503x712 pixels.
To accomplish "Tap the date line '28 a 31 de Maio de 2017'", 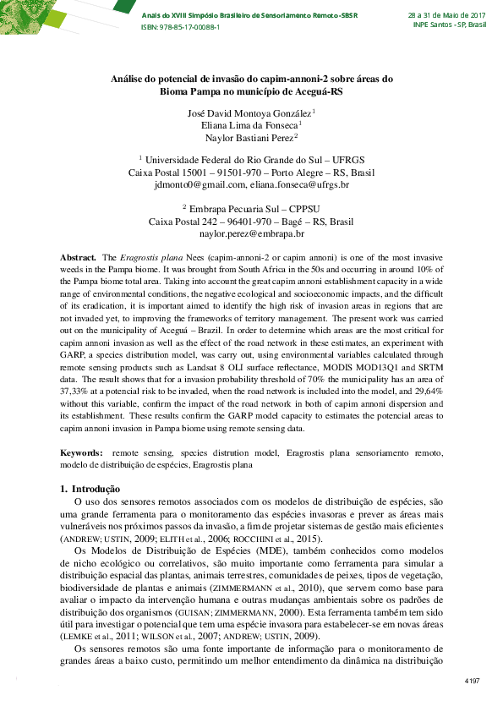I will (x=447, y=15).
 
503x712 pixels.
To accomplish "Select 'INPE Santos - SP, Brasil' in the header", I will (x=450, y=25).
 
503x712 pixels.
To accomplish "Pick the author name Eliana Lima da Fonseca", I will (x=249, y=124).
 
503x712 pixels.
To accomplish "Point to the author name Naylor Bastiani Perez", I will (x=249, y=137).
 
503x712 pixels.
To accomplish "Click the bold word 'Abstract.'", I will (x=78, y=255).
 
